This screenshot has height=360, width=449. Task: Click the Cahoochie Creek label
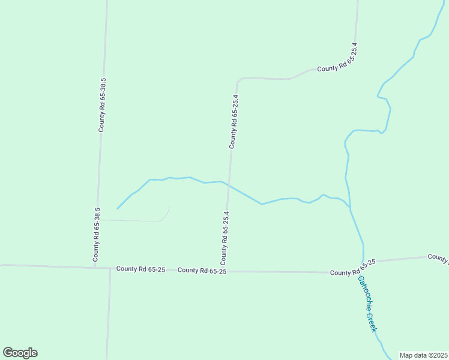coord(367,304)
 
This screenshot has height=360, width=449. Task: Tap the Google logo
coord(20,353)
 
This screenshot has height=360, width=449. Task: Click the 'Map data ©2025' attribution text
coord(423,355)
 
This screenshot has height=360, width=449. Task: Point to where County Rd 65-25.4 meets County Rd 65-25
coord(225,271)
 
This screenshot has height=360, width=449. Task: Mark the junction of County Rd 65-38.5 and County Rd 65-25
coord(95,267)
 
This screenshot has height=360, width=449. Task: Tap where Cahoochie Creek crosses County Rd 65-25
coord(363,263)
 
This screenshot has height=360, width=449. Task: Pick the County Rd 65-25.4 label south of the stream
coord(224,238)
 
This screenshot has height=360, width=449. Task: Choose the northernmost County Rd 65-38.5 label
coord(103,105)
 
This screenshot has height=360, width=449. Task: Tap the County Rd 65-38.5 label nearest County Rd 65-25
coord(96,235)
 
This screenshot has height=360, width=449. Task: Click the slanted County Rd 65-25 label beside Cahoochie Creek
coord(353,268)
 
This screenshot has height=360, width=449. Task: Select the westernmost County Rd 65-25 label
coord(140,269)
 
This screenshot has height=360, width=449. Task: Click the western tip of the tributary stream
coord(117,209)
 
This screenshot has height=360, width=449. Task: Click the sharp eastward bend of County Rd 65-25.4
coord(238,80)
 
